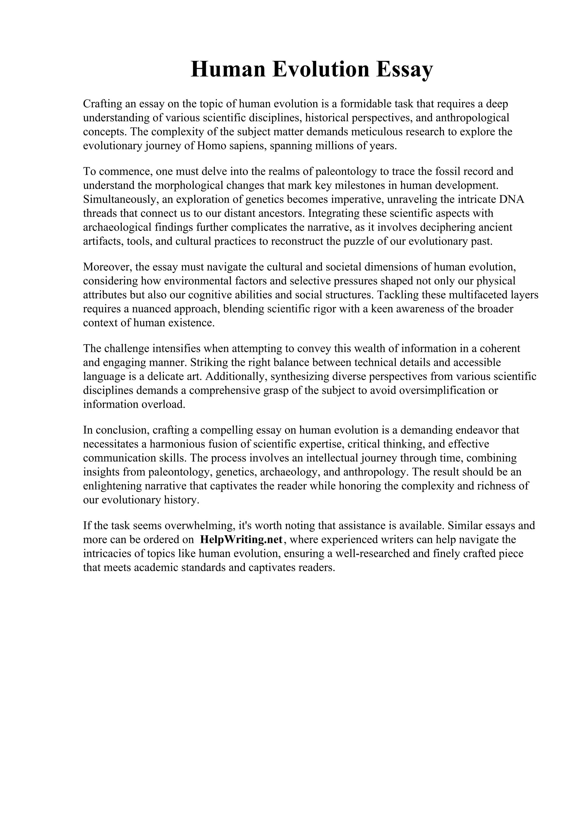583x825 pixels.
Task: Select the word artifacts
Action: (x=103, y=241)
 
